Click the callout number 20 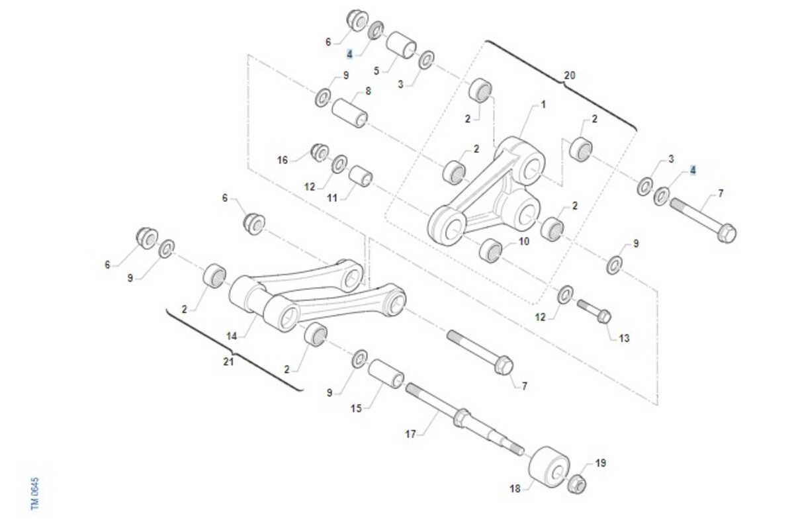[569, 75]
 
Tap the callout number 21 [228, 361]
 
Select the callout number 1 [543, 105]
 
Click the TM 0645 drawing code [34, 494]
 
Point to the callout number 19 [601, 462]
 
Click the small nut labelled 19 [577, 484]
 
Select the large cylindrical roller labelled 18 [549, 466]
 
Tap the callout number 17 [410, 434]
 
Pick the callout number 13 [624, 338]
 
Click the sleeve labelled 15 [386, 373]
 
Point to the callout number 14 [232, 336]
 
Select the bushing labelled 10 [490, 251]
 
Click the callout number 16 [282, 161]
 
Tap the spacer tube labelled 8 [349, 113]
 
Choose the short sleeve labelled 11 [361, 176]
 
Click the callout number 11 [332, 198]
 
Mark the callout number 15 [356, 409]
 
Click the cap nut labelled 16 [320, 153]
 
